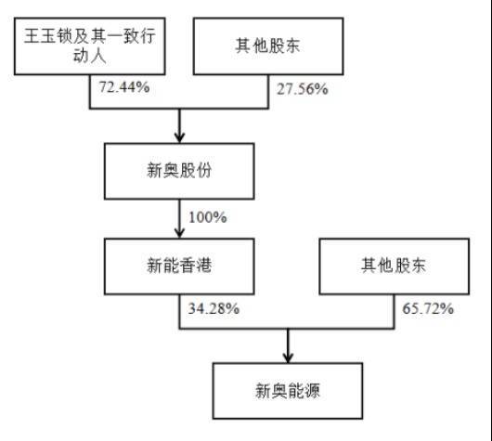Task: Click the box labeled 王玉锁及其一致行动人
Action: pos(90,46)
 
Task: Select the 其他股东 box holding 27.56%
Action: pos(268,46)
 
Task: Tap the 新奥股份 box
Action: pos(179,171)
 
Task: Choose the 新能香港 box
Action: pos(179,266)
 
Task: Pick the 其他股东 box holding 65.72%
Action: pos(395,266)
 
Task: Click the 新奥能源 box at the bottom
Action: pos(288,391)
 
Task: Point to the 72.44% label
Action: pos(124,87)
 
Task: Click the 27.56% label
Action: pos(303,89)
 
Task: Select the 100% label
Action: pos(207,217)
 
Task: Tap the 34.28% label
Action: pos(214,308)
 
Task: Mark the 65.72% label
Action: pos(428,308)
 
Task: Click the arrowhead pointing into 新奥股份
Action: pos(179,137)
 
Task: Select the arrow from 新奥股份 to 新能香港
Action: pos(179,219)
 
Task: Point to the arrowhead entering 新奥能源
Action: pos(288,357)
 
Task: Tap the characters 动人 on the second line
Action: pos(90,56)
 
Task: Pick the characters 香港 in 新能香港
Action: pos(196,266)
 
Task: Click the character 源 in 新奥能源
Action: pos(312,391)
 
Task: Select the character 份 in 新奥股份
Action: pos(203,171)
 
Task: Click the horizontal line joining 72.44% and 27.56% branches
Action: pos(179,109)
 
